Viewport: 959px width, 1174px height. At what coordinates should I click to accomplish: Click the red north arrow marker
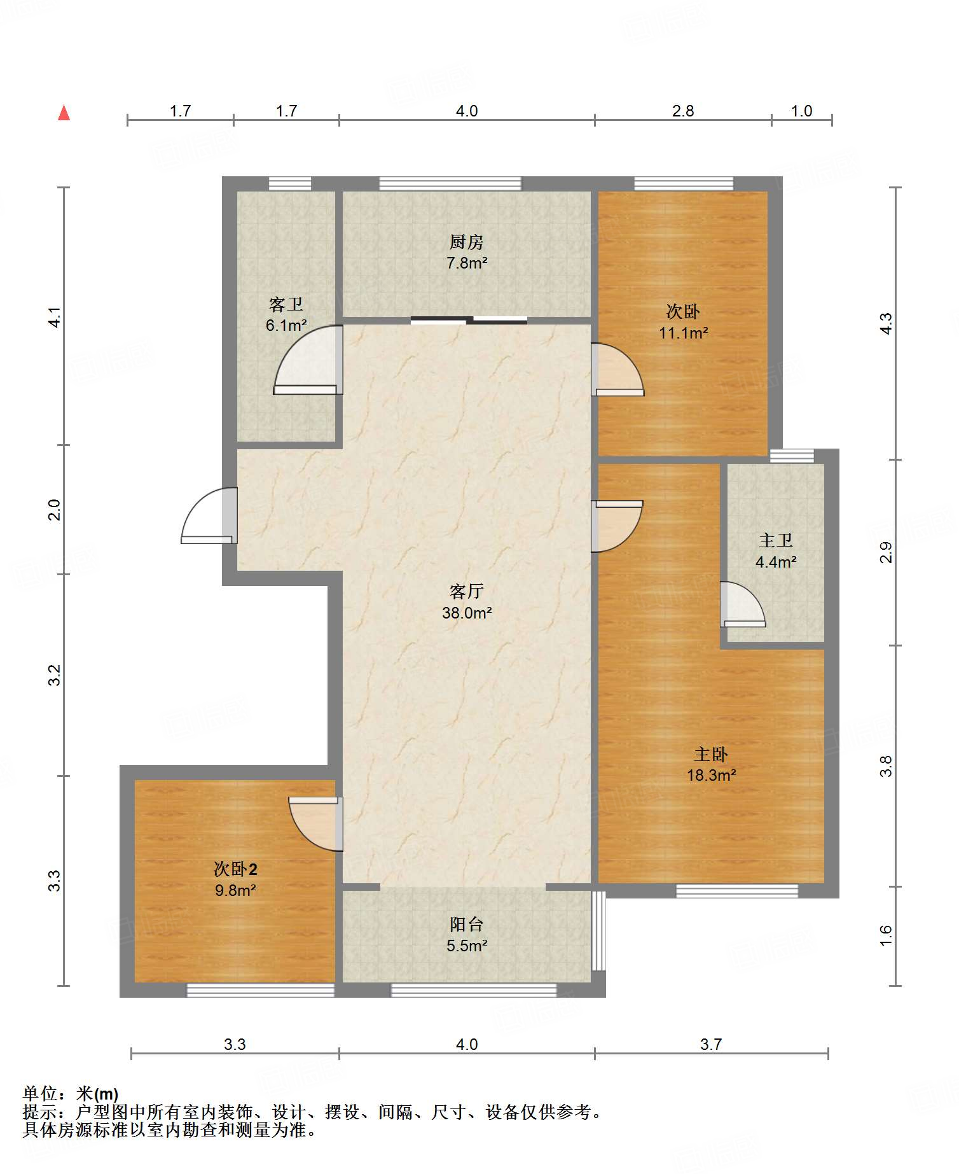click(x=64, y=113)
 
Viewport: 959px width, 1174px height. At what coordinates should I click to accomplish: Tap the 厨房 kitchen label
click(x=466, y=242)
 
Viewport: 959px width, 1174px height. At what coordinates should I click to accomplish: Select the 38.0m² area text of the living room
click(x=467, y=613)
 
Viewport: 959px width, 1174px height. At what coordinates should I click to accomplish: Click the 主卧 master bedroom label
click(x=710, y=754)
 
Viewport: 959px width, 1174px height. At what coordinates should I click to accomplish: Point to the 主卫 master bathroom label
click(x=775, y=541)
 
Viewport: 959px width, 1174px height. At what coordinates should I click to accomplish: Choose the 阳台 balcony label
click(x=466, y=925)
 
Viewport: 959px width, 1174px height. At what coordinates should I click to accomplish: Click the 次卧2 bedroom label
click(x=235, y=869)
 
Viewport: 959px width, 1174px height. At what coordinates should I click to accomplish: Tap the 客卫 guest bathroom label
click(x=286, y=305)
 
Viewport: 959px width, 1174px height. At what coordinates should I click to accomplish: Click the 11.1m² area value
click(x=683, y=333)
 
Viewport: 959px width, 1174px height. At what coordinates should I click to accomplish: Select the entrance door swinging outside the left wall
click(x=209, y=515)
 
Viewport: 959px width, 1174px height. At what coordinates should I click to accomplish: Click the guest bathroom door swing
click(x=308, y=360)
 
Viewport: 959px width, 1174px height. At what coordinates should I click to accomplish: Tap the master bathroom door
click(x=742, y=604)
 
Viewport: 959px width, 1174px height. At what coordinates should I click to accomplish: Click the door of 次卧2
click(x=315, y=824)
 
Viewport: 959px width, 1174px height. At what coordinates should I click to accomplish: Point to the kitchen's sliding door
click(x=469, y=320)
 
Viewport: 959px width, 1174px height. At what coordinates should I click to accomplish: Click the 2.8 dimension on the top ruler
click(x=683, y=111)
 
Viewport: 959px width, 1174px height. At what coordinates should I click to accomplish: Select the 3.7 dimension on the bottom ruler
click(x=711, y=1044)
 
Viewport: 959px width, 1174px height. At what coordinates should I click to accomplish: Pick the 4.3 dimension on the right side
click(x=886, y=323)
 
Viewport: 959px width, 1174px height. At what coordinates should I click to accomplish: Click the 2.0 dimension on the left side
click(x=55, y=510)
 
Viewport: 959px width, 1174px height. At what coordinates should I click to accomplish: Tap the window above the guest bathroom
click(x=290, y=184)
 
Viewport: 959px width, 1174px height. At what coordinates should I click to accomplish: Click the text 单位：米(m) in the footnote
click(x=71, y=1094)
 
